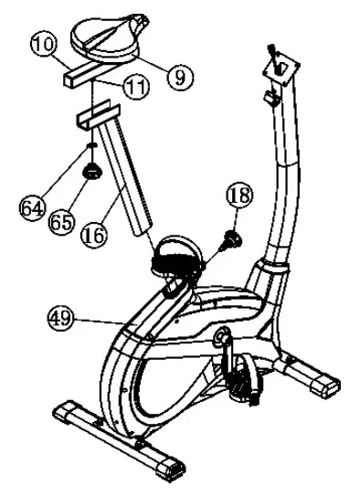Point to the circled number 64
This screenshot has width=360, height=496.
pyautogui.click(x=33, y=206)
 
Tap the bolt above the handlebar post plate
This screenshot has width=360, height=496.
pyautogui.click(x=270, y=49)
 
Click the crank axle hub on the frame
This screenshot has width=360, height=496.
pyautogui.click(x=221, y=337)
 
